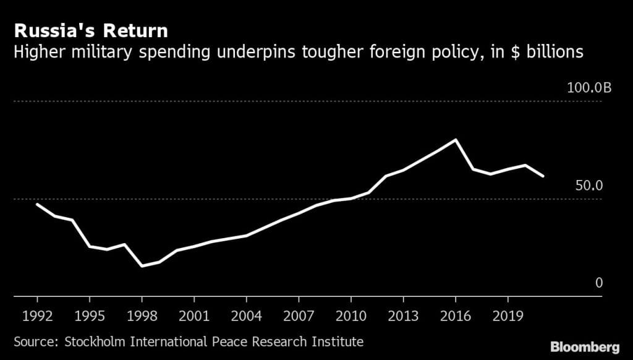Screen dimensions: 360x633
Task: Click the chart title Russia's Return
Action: pos(91,30)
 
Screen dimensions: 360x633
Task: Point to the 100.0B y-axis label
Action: pos(589,88)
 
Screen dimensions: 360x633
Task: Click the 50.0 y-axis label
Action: pos(588,186)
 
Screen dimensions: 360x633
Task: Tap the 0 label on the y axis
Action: pos(598,283)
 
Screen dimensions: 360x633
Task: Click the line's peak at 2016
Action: pos(456,140)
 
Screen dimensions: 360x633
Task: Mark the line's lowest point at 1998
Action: pos(142,266)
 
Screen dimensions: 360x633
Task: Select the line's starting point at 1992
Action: pos(37,204)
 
